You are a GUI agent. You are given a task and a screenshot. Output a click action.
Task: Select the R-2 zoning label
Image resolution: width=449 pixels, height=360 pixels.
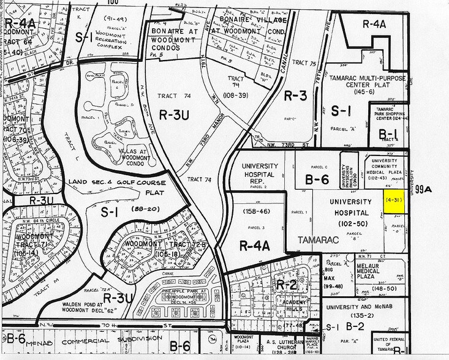[285, 285]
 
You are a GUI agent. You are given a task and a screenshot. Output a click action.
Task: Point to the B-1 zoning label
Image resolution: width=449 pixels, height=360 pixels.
[387, 133]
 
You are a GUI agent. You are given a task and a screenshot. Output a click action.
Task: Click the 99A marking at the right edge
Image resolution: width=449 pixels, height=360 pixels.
[423, 190]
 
